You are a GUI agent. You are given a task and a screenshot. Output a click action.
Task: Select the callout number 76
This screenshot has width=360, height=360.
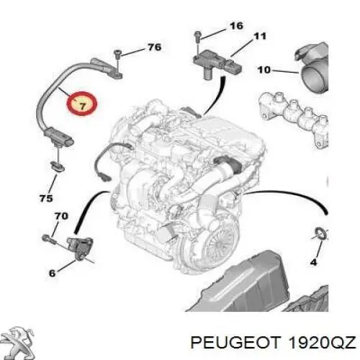(x=154, y=48)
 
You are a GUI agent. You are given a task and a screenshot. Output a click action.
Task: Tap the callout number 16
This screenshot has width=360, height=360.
(x=236, y=26)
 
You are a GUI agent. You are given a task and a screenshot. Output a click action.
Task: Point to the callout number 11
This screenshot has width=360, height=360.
(x=259, y=35)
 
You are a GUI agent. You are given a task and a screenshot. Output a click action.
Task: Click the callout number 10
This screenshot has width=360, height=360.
(x=264, y=70)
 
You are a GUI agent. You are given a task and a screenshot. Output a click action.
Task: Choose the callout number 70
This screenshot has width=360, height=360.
(x=61, y=215)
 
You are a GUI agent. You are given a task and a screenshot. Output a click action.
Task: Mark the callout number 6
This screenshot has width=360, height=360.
(x=52, y=272)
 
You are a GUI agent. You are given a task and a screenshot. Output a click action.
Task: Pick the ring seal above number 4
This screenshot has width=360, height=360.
(x=320, y=234)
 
